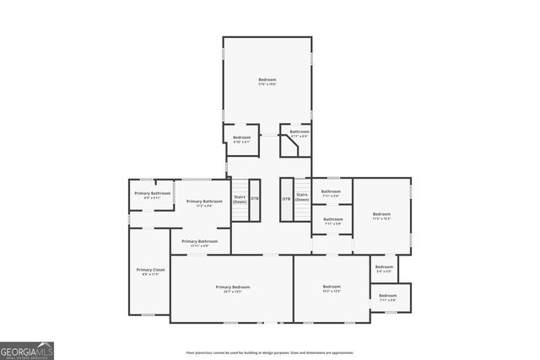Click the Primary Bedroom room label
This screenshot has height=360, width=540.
232,287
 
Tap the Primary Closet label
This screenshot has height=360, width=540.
150,270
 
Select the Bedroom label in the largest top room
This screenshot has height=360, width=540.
267,80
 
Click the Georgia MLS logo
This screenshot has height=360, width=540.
27,350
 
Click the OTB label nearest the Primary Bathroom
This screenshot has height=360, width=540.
255,199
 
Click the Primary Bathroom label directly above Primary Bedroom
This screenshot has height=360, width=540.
199,241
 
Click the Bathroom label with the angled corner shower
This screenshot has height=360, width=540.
300,131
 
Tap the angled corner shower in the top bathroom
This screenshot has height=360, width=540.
290,147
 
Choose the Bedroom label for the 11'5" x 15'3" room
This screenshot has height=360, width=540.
381,214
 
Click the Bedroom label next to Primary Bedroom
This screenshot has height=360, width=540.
331,287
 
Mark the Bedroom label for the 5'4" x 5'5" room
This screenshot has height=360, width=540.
384,267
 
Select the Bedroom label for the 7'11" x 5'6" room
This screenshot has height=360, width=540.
388,295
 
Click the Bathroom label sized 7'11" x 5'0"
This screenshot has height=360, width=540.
332,191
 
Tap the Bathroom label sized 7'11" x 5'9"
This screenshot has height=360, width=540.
332,219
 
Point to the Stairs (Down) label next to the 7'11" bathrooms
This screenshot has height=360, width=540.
302,197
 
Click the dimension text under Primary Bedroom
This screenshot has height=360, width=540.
232,292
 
